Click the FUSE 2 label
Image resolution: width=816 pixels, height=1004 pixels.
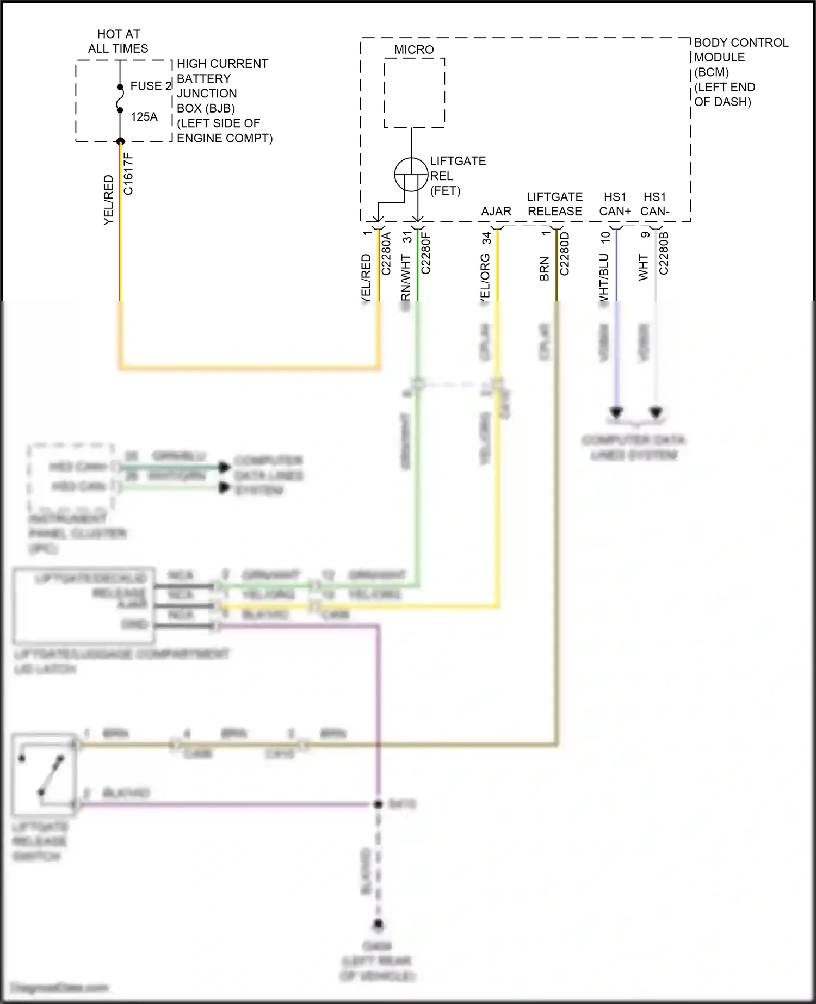151,86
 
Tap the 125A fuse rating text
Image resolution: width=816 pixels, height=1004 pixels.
144,117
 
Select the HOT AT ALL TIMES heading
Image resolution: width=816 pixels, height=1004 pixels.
118,41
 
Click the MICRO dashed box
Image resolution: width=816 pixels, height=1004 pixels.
414,92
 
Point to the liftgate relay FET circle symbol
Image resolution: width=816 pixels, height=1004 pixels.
411,175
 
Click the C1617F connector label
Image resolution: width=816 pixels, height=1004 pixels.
128,173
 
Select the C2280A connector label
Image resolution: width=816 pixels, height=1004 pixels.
386,253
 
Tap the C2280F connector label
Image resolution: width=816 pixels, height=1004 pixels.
425,253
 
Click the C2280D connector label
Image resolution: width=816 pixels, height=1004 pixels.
564,253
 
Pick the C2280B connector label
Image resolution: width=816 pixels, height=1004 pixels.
664,253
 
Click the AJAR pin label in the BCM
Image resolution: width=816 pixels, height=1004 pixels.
496,211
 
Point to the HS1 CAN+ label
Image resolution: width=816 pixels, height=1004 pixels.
615,204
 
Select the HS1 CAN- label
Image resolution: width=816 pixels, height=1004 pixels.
654,204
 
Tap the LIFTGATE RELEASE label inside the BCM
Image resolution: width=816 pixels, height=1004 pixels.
554,204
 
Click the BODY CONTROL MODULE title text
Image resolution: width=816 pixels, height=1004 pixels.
740,50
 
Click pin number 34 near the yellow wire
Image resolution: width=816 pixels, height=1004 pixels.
486,238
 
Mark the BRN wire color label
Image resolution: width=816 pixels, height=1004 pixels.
544,269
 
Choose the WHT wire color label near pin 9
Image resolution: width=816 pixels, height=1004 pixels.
644,268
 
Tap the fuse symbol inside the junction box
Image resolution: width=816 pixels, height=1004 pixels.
120,98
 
